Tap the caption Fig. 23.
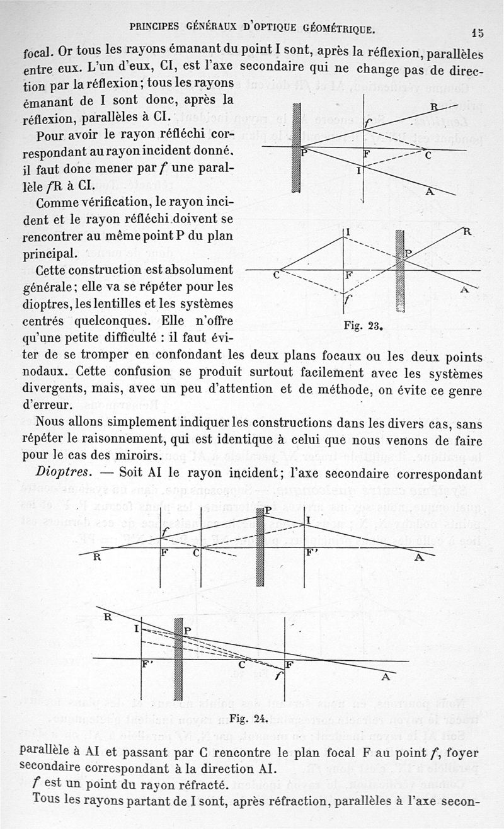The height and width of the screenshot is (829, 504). coord(364,326)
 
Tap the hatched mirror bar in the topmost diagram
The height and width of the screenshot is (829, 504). coord(296,147)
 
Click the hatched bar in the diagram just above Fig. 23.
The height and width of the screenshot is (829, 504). coord(399,271)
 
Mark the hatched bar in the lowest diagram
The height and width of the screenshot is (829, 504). coord(178,659)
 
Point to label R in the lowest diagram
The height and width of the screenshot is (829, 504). coord(107,617)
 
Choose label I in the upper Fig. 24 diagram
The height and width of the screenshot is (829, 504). coord(309,520)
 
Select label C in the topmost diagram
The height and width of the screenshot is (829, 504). coord(427,156)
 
